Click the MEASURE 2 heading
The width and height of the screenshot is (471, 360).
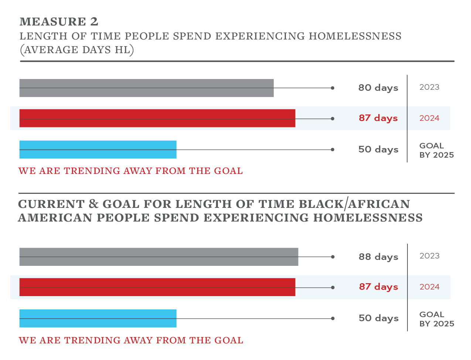(x=59, y=22)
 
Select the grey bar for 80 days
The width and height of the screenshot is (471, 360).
(x=146, y=88)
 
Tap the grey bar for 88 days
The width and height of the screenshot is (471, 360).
(x=158, y=257)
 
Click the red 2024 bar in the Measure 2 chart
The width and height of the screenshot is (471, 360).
(x=157, y=118)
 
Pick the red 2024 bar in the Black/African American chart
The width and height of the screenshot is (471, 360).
(x=157, y=287)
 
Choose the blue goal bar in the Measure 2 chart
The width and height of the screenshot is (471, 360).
(x=98, y=150)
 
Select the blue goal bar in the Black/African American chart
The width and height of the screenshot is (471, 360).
(x=98, y=318)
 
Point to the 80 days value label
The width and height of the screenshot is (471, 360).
(x=378, y=88)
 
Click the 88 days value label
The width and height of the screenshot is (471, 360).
(x=378, y=257)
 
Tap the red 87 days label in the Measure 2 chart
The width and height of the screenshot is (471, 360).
(x=378, y=118)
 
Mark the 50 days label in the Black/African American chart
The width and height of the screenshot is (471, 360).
(x=378, y=318)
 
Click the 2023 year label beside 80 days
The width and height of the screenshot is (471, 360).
(x=429, y=87)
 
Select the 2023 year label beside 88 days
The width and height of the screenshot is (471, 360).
(x=429, y=256)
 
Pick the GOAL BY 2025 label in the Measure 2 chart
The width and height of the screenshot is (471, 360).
(x=436, y=150)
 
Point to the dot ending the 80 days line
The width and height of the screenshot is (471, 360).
(x=332, y=88)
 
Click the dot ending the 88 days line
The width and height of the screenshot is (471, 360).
(x=332, y=257)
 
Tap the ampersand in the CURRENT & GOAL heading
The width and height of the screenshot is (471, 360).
(x=93, y=204)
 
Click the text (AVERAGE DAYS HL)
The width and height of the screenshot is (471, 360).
(x=77, y=50)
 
